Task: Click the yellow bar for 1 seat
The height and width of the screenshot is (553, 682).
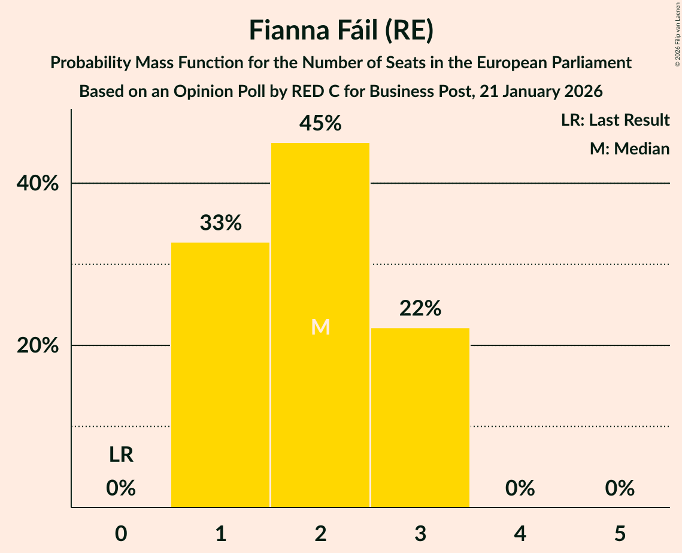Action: [x=220, y=375]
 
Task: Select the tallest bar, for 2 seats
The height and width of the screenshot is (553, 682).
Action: [x=320, y=325]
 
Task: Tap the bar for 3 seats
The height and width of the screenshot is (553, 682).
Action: [x=420, y=417]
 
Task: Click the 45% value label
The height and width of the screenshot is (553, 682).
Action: [x=320, y=123]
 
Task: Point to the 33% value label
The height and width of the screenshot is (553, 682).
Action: [x=220, y=223]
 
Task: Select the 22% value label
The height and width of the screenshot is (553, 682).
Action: [x=420, y=309]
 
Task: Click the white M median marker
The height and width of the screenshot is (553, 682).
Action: [x=320, y=327]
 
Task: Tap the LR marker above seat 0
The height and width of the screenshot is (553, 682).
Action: [x=121, y=455]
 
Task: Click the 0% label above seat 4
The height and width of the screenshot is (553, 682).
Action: [x=520, y=488]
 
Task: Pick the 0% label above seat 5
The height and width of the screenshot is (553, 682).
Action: [x=620, y=488]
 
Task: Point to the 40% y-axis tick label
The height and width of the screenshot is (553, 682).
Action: [x=38, y=184]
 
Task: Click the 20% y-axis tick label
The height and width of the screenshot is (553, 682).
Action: [x=38, y=346]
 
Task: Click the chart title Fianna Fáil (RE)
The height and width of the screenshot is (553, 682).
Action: [x=341, y=31]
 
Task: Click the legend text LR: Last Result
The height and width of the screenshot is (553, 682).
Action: [x=615, y=120]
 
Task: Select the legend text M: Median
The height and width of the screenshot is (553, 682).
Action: [x=629, y=149]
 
